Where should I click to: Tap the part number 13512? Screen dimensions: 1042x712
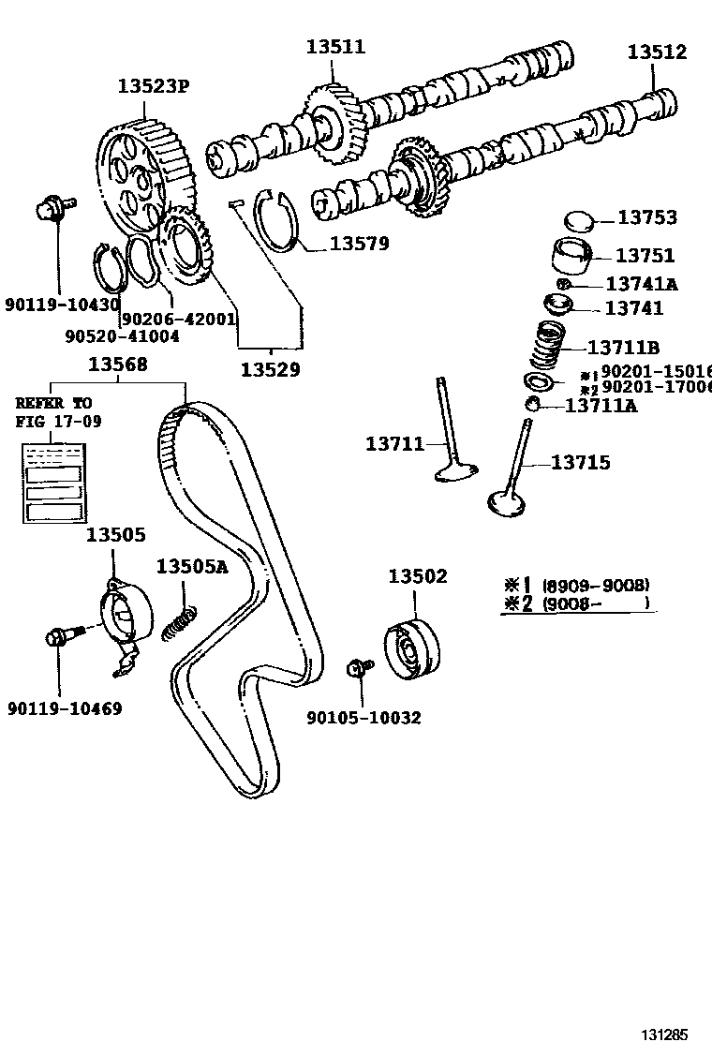pos(657,52)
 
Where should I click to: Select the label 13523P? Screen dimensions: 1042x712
pos(154,86)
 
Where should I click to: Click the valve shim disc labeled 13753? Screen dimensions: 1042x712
pos(581,222)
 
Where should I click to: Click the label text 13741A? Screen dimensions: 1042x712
pos(641,284)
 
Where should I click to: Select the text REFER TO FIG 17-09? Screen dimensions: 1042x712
pos(54,411)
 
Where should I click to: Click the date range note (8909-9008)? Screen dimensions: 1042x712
pos(596,585)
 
